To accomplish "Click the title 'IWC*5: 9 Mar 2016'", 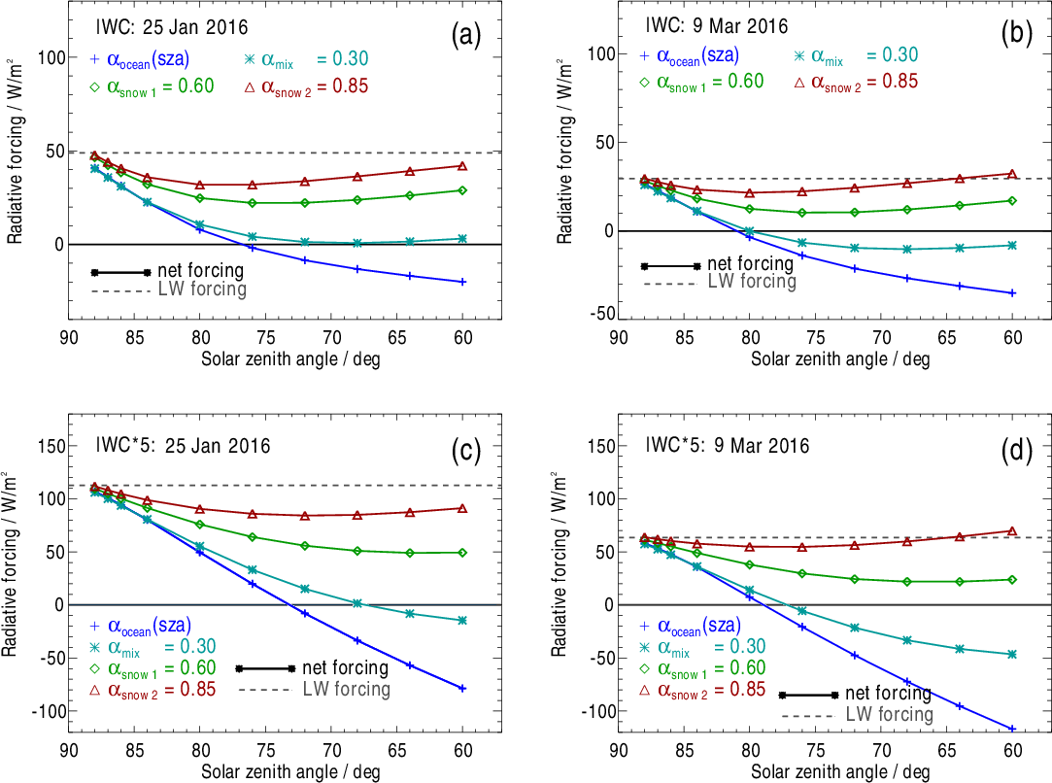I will click(x=727, y=446).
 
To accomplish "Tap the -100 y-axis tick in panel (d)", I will click(x=594, y=711).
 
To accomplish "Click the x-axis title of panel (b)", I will click(x=839, y=358).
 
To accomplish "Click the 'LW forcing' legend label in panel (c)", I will click(x=346, y=690).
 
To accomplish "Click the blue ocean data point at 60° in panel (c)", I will click(x=462, y=688).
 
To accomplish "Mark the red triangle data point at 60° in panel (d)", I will click(x=1012, y=531).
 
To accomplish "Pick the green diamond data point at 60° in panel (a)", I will click(x=462, y=190).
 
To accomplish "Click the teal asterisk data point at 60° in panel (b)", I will click(x=1012, y=245).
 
